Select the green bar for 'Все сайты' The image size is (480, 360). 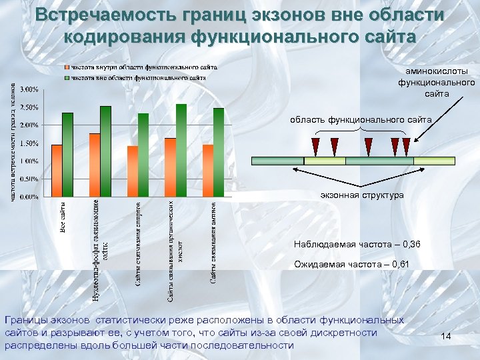(67, 155)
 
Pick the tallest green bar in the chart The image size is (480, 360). (181, 150)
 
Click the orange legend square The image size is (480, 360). (66, 68)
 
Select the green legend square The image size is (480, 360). (66, 77)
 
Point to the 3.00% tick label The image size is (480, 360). (29, 89)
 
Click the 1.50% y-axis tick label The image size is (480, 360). (29, 143)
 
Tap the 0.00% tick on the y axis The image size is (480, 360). (29, 197)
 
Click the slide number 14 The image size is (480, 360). (447, 338)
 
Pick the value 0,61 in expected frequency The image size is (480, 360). (401, 265)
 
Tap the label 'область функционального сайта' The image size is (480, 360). (361, 119)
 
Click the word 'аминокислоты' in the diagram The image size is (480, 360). (437, 71)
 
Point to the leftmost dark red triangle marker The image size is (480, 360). (315, 144)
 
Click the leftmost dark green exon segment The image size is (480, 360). (277, 161)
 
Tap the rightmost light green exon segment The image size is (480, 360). (434, 161)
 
